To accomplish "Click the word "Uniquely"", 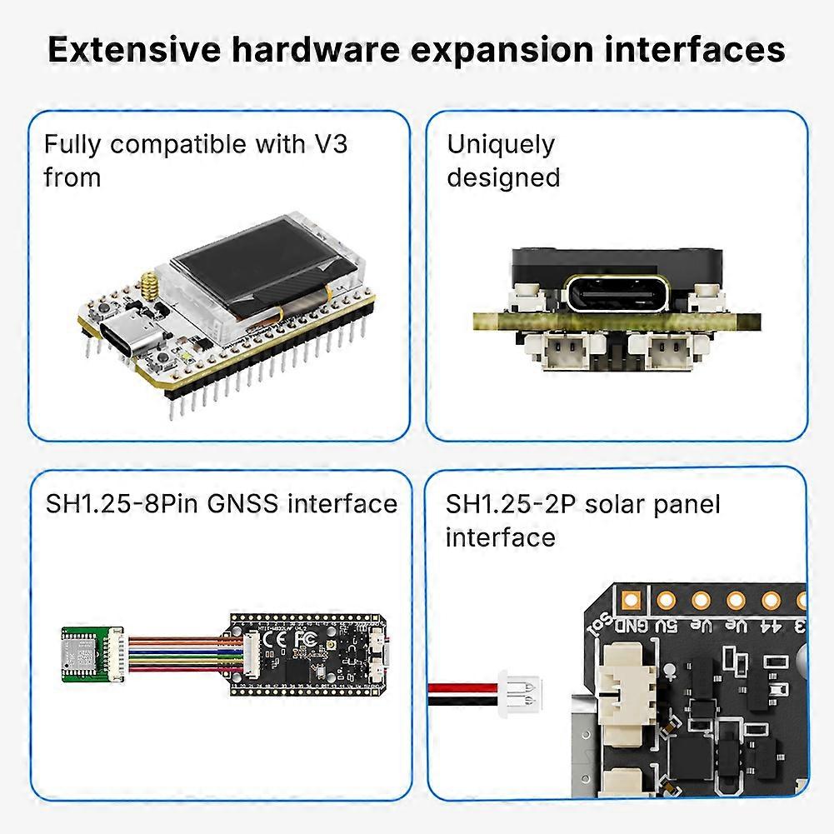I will click(x=500, y=145).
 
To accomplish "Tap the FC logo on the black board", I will click(x=307, y=639).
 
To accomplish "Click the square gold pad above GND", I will click(x=630, y=598).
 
